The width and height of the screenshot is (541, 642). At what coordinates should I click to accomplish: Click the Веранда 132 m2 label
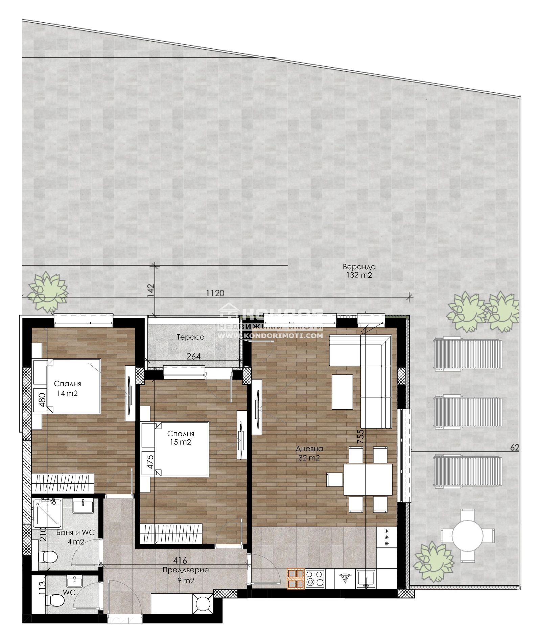pyautogui.click(x=359, y=271)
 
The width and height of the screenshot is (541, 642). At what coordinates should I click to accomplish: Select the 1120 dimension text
pyautogui.click(x=215, y=293)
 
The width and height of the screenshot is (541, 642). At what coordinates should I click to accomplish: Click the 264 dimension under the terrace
pyautogui.click(x=194, y=356)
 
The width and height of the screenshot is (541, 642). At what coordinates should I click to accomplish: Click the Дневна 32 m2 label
pyautogui.click(x=309, y=454)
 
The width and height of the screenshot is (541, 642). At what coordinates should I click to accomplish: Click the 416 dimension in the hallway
pyautogui.click(x=180, y=561)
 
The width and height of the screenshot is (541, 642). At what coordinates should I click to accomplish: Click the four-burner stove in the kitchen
pyautogui.click(x=315, y=578)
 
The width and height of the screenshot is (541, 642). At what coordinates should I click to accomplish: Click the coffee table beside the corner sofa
pyautogui.click(x=343, y=392)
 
